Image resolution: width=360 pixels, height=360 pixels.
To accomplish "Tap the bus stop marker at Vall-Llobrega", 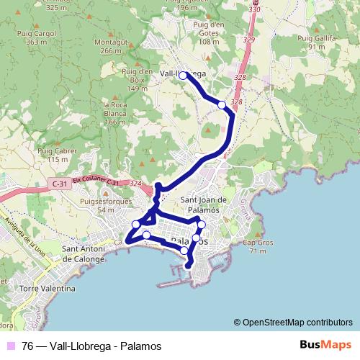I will (183, 75).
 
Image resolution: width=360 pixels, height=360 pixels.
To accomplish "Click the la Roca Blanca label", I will (115, 114).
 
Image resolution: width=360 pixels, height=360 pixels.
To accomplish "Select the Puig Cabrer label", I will (57, 154).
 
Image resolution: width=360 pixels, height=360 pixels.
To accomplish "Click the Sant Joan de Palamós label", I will (203, 204).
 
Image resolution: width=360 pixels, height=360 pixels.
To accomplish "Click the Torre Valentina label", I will (48, 289).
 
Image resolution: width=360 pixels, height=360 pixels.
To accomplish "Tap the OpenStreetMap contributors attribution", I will (292, 323).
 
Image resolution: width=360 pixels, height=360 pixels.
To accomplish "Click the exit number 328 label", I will (240, 77).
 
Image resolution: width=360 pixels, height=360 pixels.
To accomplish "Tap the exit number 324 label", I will (135, 184).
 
